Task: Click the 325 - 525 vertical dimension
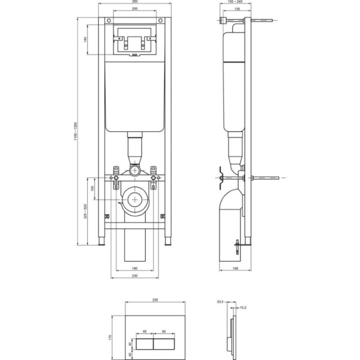(85, 211)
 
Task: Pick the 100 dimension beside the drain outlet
(92, 189)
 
